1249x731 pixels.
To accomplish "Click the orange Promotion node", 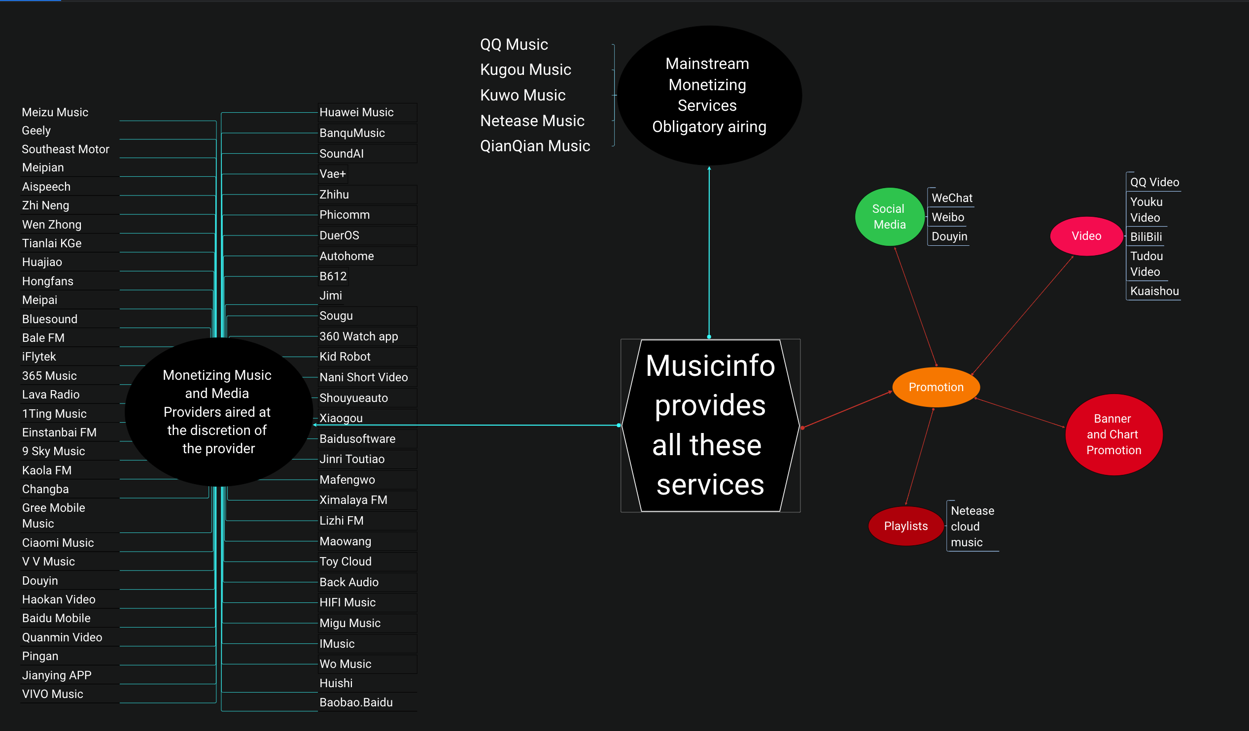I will coord(936,387).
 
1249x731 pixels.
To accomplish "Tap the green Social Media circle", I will coord(889,217).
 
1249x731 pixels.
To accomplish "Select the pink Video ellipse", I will coord(1086,236).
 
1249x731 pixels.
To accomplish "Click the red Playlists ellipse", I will coord(905,526).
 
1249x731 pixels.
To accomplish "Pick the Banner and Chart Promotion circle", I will coord(1113,434).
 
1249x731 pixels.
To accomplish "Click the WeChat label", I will coord(952,198).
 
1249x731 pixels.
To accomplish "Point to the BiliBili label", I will coord(1145,237).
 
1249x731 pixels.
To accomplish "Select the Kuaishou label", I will coord(1154,291).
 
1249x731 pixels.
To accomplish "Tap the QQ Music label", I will coord(514,44).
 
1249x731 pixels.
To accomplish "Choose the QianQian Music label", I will coord(535,146).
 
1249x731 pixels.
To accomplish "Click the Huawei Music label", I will coord(356,112).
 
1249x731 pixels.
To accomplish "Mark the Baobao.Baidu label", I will coord(356,702).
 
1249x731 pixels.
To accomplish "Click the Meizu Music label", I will coord(55,112).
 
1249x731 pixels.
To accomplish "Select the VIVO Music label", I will coord(53,694).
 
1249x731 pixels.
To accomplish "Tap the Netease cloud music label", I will coord(971,527).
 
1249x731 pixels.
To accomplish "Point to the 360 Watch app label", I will coord(358,337).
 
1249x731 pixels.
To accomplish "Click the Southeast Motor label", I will coord(66,149).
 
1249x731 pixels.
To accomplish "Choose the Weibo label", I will coord(948,217).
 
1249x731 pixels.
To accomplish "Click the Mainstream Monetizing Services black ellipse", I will coord(709,95).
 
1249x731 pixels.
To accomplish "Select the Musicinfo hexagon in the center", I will coord(710,425).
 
